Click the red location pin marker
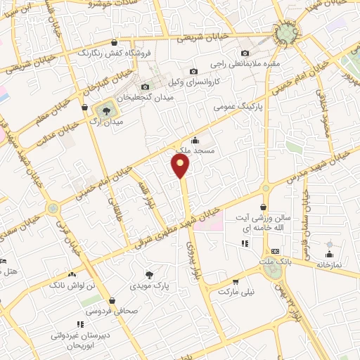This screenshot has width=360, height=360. pos(181,166)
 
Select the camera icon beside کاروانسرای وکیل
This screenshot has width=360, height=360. pos(193,71)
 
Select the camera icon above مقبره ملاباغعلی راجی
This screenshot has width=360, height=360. pos(245,53)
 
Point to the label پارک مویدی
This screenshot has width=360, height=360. pos(149,286)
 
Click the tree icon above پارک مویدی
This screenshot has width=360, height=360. pos(149,274)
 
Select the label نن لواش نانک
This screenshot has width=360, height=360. pos(71,286)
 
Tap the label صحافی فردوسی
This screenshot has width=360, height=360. pos(103,310)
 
